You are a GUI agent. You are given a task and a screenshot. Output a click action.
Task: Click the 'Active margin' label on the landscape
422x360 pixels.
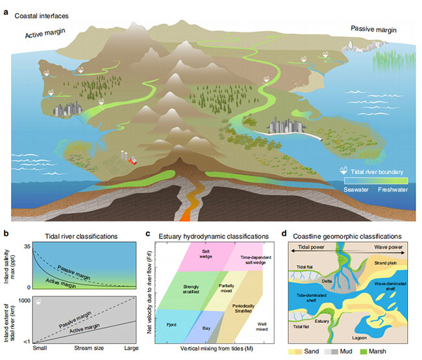click(x=49, y=34)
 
